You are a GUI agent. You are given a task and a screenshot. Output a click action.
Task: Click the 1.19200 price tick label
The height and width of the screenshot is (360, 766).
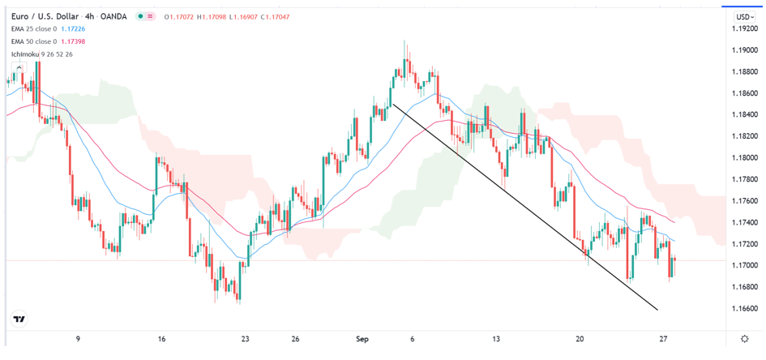pos(745,28)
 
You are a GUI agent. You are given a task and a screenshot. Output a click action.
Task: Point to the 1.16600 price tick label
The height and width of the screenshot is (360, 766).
pos(745,309)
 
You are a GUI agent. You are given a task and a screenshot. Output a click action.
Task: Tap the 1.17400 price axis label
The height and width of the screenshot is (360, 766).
pos(745,222)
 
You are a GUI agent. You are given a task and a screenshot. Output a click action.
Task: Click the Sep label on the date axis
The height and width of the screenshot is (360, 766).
pos(362,339)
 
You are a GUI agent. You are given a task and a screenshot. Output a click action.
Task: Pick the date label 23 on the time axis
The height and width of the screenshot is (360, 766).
pos(246,339)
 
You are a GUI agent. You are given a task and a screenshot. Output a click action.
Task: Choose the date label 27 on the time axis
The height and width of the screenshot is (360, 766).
pos(664,339)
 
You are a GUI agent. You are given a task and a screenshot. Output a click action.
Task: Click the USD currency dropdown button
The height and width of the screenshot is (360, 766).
pos(744,16)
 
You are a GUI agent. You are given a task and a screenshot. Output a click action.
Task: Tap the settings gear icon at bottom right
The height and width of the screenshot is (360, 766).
pos(745,339)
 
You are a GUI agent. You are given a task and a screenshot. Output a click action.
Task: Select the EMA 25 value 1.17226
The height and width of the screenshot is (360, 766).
pos(75,29)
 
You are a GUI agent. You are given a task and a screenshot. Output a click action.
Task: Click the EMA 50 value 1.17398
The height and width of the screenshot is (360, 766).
pos(75,41)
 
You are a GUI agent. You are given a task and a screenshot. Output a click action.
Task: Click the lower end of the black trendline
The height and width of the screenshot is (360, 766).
pos(657,310)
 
